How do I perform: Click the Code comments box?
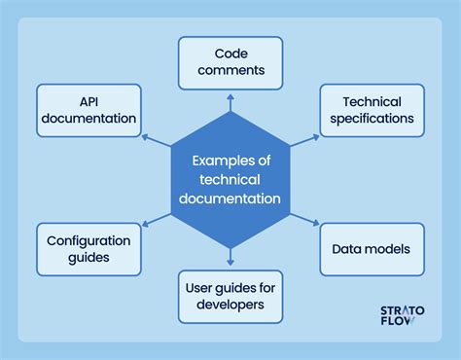pyautogui.click(x=230, y=62)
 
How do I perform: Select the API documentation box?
pyautogui.click(x=89, y=109)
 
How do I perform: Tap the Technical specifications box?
pyautogui.click(x=372, y=109)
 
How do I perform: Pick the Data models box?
pyautogui.click(x=372, y=248)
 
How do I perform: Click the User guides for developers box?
pyautogui.click(x=230, y=296)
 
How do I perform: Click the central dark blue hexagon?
pyautogui.click(x=230, y=179)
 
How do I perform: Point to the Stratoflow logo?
pyautogui.click(x=396, y=316)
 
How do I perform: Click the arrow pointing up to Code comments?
pyautogui.click(x=230, y=100)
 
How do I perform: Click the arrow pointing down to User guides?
pyautogui.click(x=230, y=258)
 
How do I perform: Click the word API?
pyautogui.click(x=89, y=100)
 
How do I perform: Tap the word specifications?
pyautogui.click(x=372, y=119)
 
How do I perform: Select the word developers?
pyautogui.click(x=230, y=306)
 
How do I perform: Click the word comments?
pyautogui.click(x=230, y=72)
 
